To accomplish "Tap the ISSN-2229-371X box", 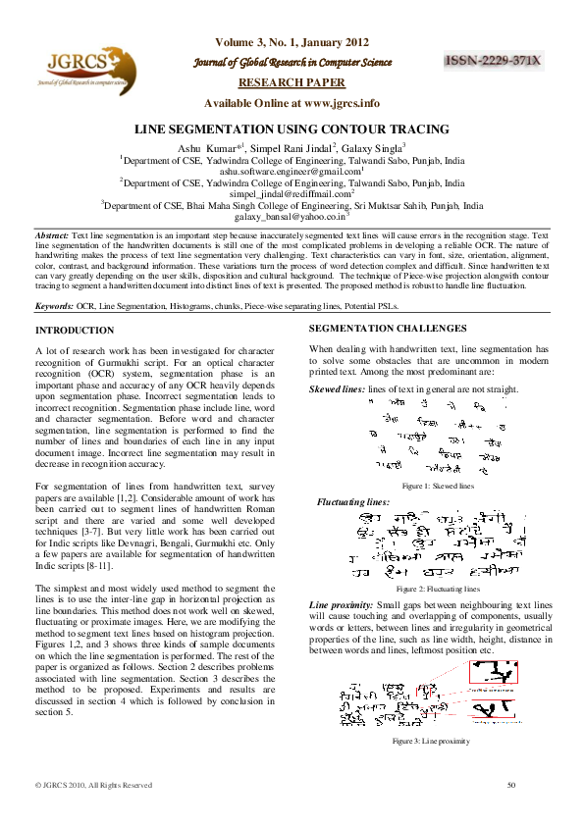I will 493,61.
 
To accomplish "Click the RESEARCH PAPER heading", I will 292,83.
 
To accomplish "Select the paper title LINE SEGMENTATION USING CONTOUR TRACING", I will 292,129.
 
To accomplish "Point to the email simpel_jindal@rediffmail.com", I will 291,194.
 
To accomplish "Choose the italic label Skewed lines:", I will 337,389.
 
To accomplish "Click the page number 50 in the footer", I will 511,785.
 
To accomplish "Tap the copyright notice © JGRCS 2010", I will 93,785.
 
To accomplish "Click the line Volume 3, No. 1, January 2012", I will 292,42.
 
